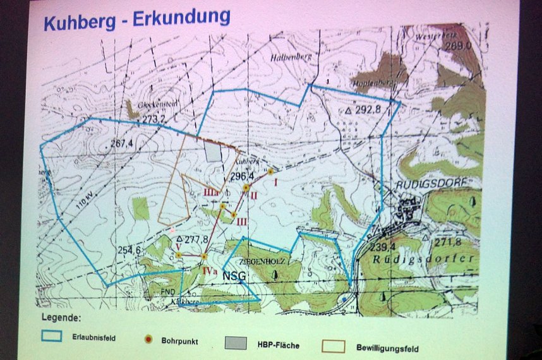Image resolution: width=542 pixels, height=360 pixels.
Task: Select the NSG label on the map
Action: pyautogui.click(x=233, y=275)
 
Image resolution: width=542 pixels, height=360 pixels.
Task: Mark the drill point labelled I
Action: pyautogui.click(x=270, y=171)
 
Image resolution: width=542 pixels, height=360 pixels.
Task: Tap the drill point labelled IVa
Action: pyautogui.click(x=203, y=256)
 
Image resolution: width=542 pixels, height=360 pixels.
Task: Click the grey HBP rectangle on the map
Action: pyautogui.click(x=214, y=151)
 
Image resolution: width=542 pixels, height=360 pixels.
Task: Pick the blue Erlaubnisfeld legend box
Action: pyautogui.click(x=51, y=336)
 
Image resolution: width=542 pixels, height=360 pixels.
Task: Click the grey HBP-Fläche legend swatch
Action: pyautogui.click(x=236, y=343)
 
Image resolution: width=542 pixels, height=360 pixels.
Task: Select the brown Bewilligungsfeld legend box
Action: pyautogui.click(x=333, y=346)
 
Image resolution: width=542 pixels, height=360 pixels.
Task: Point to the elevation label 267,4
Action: pyautogui.click(x=121, y=144)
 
